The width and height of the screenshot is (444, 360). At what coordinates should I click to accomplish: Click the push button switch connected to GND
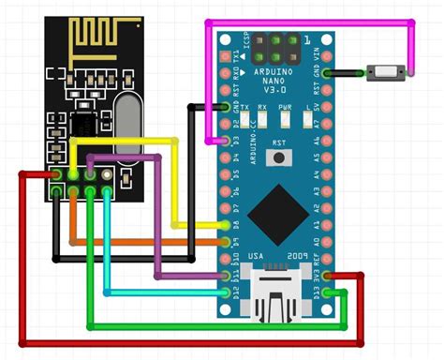pyautogui.click(x=385, y=71)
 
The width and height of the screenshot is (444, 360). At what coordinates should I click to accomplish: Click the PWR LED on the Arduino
pyautogui.click(x=284, y=121)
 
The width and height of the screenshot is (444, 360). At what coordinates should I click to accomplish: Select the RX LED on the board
pyautogui.click(x=262, y=121)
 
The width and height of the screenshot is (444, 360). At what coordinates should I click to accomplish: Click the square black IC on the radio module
pyautogui.click(x=86, y=123)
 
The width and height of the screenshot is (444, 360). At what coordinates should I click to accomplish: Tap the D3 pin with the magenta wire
pyautogui.click(x=228, y=141)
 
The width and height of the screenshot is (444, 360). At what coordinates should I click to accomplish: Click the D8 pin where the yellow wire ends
pyautogui.click(x=228, y=226)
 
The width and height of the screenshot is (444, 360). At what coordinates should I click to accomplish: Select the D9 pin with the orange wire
pyautogui.click(x=228, y=243)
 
